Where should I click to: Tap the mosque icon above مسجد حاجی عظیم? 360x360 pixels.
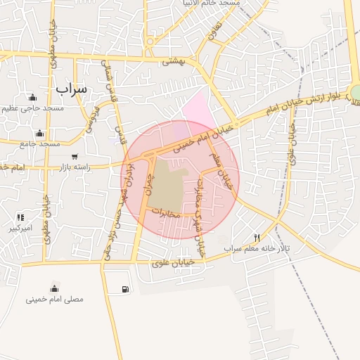tap(32, 97)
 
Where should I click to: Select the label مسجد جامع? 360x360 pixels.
tap(41, 143)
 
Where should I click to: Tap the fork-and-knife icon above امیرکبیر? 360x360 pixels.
tap(20, 217)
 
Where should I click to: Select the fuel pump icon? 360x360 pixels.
tap(125, 289)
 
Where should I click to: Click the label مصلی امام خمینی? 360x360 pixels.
tap(55, 299)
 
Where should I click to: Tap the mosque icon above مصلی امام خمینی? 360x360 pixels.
tap(54, 288)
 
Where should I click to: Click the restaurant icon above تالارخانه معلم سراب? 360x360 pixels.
tap(257, 238)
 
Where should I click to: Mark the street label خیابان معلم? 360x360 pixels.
tap(225, 172)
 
